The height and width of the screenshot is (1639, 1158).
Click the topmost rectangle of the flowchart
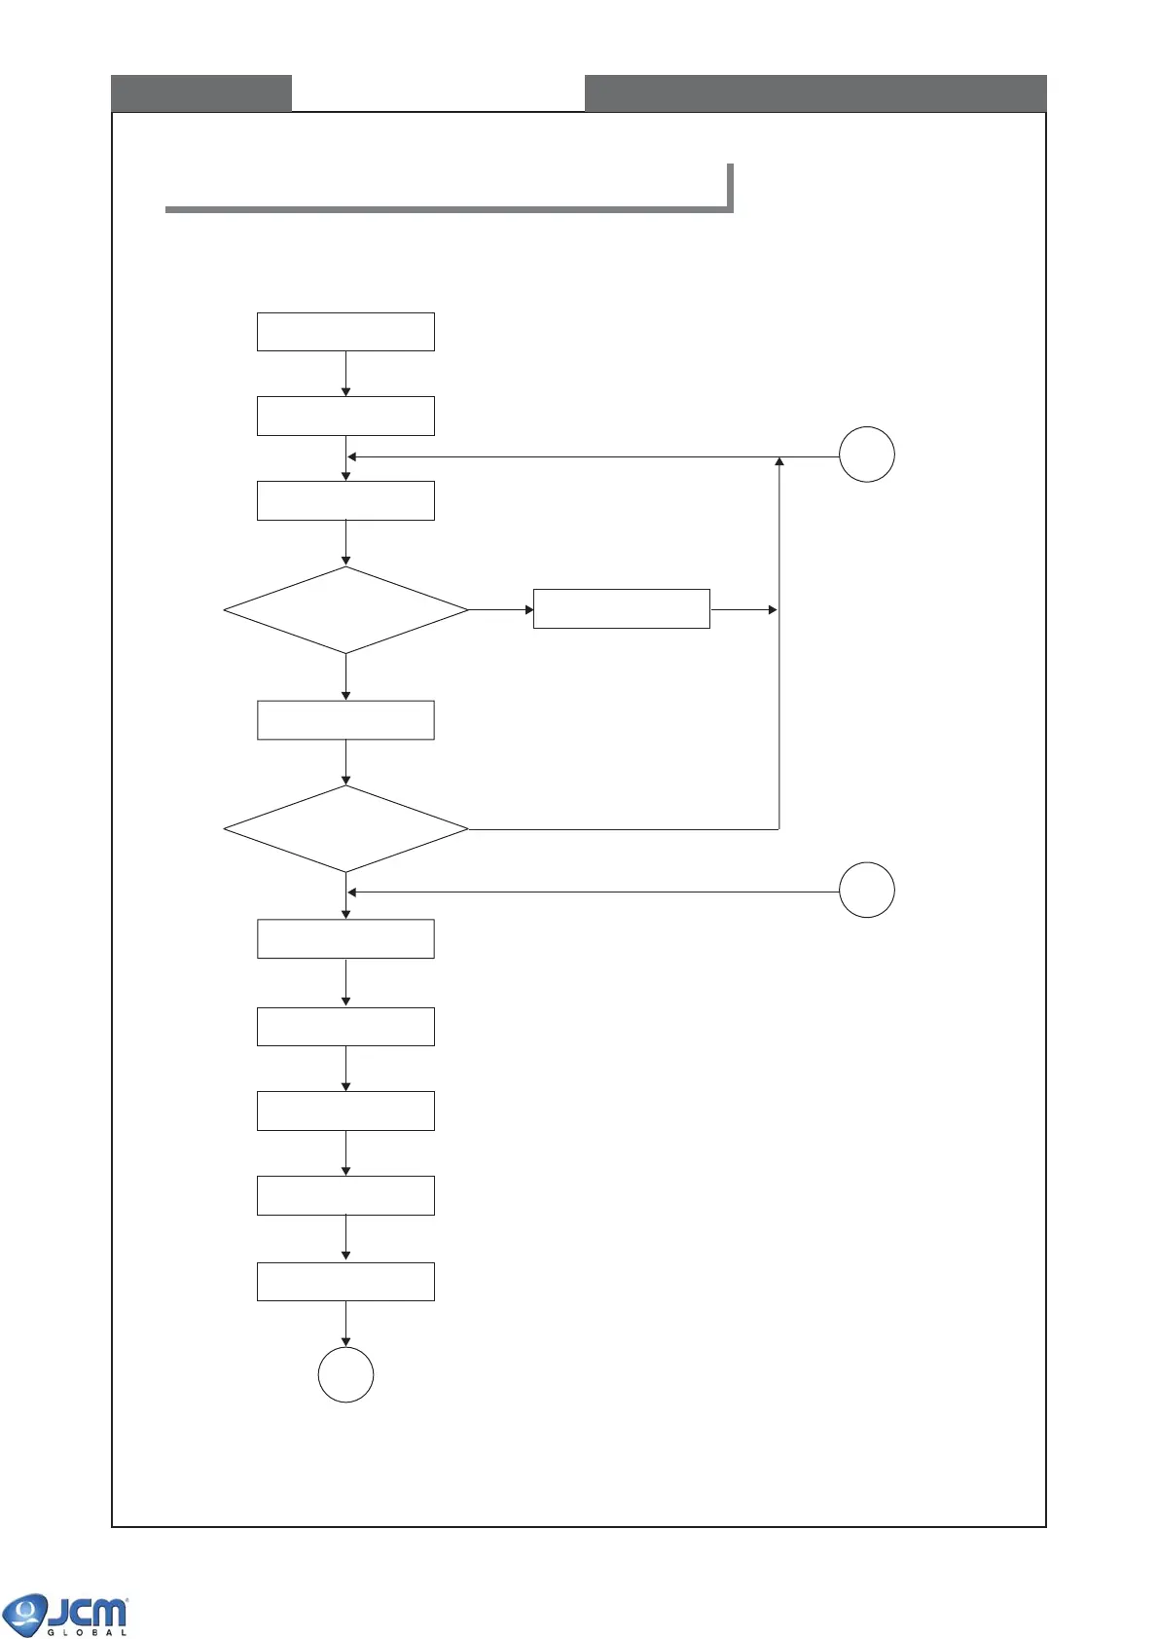click(345, 332)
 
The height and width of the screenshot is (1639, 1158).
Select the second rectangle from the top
click(345, 416)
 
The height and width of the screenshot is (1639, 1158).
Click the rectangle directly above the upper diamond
click(345, 500)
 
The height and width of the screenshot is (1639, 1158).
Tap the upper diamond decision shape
click(345, 610)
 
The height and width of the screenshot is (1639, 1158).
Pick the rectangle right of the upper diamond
click(621, 608)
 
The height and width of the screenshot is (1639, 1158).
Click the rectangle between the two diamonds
click(345, 720)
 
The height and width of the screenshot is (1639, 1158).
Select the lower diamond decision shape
click(345, 829)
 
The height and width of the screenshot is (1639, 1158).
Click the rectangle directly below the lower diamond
click(345, 939)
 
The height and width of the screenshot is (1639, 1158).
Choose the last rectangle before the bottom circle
click(345, 1282)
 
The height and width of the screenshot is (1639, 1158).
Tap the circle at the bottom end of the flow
click(345, 1374)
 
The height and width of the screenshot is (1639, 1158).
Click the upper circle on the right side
click(866, 455)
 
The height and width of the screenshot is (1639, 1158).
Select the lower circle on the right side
click(866, 890)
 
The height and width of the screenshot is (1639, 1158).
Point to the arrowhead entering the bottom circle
click(345, 1342)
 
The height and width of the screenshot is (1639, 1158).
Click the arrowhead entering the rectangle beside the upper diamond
click(528, 610)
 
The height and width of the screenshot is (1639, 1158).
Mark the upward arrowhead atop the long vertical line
click(779, 461)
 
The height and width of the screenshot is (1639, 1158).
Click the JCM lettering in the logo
click(88, 1613)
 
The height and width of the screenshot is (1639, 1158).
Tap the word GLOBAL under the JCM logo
click(88, 1632)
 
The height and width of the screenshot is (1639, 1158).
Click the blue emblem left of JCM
click(24, 1615)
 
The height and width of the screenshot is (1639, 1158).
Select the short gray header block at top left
click(201, 93)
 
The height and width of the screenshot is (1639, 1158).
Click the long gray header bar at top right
click(815, 93)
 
